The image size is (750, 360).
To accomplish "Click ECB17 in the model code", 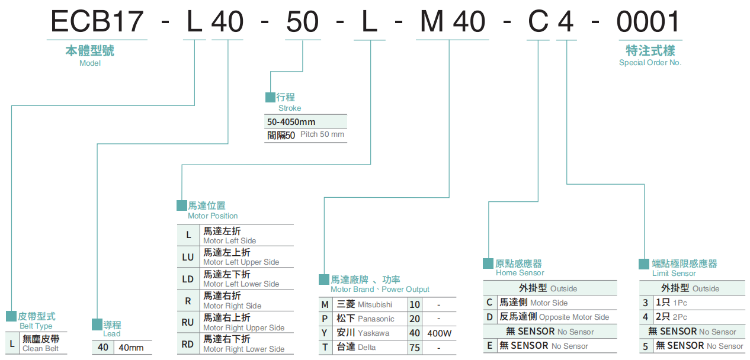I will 97,22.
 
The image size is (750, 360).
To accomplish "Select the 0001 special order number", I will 649,22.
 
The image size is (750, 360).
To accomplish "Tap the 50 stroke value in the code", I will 303,22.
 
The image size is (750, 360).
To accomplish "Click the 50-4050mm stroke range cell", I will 291,122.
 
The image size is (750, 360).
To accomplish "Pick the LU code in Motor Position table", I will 188,257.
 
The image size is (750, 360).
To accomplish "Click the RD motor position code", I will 188,343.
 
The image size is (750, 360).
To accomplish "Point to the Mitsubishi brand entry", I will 364,304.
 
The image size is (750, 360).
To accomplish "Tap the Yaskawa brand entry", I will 363,333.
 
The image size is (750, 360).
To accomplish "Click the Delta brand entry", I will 356,347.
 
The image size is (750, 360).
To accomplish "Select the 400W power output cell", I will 439,333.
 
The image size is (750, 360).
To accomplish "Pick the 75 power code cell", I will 415,348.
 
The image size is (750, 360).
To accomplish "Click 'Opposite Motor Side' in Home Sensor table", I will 573,317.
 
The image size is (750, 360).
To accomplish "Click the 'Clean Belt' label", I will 41,349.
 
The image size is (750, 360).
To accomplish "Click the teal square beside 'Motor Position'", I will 182,205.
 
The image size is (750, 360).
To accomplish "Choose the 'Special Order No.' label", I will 650,63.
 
